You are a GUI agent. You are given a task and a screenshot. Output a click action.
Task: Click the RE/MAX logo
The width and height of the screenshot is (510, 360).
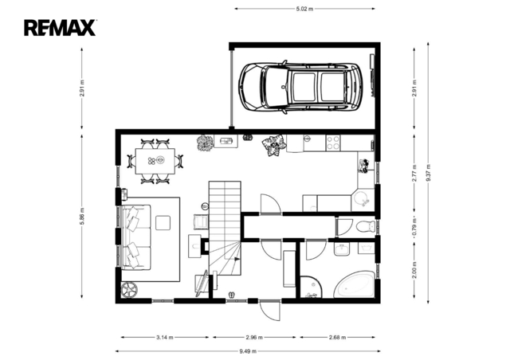pyautogui.click(x=60, y=28)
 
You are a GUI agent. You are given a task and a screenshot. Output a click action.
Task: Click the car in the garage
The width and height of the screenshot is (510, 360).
pyautogui.click(x=301, y=87)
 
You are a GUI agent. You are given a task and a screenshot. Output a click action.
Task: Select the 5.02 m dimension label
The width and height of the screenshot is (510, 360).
pyautogui.click(x=304, y=9)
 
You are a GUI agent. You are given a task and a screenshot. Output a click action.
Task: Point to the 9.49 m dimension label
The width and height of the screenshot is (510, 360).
pyautogui.click(x=248, y=351)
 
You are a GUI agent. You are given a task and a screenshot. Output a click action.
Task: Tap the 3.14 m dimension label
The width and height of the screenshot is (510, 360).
pyautogui.click(x=165, y=337)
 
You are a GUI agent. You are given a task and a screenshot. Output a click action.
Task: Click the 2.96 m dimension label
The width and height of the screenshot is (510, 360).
pyautogui.click(x=254, y=337)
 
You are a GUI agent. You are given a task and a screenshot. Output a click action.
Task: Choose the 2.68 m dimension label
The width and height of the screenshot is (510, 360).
pyautogui.click(x=337, y=337)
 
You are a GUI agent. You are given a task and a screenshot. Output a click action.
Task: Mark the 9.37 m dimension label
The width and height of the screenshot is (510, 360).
pyautogui.click(x=428, y=173)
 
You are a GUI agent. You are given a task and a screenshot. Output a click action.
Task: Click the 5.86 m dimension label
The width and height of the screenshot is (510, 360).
pyautogui.click(x=82, y=217)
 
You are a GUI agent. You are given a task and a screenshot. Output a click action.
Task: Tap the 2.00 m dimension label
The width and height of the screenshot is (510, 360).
pyautogui.click(x=414, y=270)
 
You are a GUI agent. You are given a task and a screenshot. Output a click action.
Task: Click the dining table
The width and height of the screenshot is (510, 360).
pyautogui.click(x=155, y=162)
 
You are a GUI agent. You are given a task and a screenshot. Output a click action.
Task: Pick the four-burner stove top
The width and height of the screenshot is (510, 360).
pyautogui.click(x=333, y=143)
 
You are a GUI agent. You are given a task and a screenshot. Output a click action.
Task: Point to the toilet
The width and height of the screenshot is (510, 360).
pyautogui.click(x=366, y=226)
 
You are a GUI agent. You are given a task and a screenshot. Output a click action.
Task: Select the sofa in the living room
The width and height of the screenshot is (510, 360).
pyautogui.click(x=136, y=237)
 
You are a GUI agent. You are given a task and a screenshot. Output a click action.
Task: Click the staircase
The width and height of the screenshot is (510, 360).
pyautogui.click(x=225, y=228)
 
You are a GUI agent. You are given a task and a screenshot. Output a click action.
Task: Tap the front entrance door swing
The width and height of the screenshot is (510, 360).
pyautogui.click(x=270, y=311)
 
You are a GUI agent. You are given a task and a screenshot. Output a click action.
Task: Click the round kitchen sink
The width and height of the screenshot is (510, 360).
pyautogui.click(x=361, y=199)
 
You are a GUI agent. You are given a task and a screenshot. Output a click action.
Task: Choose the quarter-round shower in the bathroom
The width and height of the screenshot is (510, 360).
pyautogui.click(x=311, y=287)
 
